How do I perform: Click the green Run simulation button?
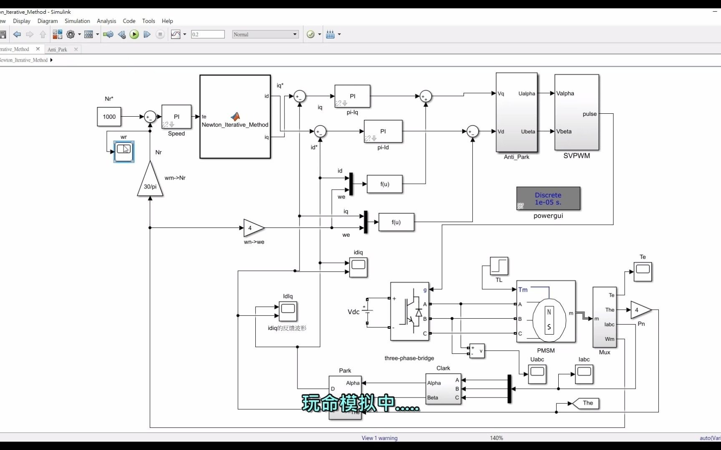[134, 35]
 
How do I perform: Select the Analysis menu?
[106, 21]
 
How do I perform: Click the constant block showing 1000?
[109, 117]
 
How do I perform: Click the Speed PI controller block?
[176, 117]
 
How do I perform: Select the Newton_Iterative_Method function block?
[235, 117]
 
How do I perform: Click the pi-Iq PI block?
[352, 96]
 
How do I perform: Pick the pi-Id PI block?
[383, 131]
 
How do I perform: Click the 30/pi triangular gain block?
[150, 183]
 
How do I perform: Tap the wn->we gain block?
[252, 228]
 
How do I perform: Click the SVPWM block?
[577, 112]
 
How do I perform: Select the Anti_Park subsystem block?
[516, 112]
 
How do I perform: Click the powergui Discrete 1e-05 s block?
[548, 199]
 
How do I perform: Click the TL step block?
[499, 266]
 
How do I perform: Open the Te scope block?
[643, 271]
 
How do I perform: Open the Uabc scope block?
[537, 374]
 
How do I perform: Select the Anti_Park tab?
[58, 50]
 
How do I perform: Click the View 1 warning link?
[379, 438]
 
